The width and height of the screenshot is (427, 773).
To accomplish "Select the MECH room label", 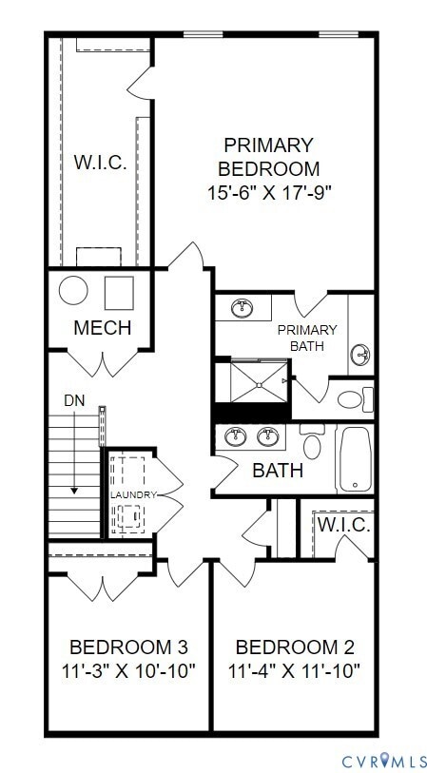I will (102, 329).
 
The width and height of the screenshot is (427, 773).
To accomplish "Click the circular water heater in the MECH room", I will (73, 290).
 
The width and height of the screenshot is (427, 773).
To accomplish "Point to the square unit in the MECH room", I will (119, 291).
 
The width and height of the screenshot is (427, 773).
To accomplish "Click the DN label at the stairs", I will (73, 401).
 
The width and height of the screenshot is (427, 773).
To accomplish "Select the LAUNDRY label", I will (132, 495).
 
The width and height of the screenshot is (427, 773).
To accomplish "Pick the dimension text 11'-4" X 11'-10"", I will (294, 671).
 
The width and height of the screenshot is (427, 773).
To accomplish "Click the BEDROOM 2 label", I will (294, 647).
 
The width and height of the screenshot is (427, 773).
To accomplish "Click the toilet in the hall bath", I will (312, 443).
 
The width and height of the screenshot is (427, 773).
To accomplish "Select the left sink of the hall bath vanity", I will (234, 437).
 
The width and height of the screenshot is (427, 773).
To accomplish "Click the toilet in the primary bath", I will (353, 398).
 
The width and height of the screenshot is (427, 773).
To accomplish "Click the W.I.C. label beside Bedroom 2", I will (343, 525).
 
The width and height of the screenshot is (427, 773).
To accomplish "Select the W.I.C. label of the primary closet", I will (100, 162).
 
